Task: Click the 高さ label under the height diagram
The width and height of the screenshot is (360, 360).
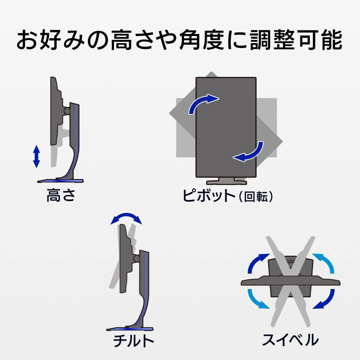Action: pos(61,195)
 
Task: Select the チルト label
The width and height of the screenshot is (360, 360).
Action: pos(133,341)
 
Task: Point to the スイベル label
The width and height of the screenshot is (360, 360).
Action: pos(290,340)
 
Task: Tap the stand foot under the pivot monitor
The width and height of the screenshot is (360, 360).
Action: pos(226,181)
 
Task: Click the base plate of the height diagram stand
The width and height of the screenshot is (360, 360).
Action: pos(60,181)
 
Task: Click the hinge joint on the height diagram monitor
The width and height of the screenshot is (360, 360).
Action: pos(67,111)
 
